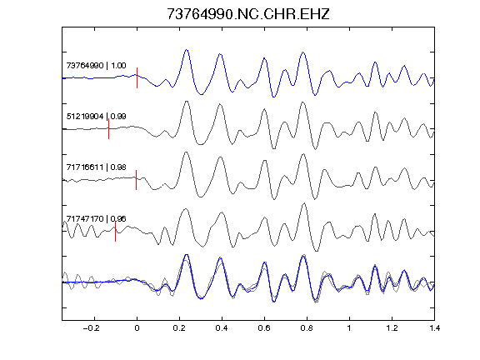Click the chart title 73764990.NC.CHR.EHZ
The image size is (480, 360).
pos(248,14)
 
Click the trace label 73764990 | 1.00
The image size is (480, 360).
pos(96,66)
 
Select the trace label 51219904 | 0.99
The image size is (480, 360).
pos(96,117)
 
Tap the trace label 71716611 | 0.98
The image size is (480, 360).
pos(96,167)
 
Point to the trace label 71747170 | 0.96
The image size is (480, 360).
pos(96,218)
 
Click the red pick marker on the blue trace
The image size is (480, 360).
pos(137,77)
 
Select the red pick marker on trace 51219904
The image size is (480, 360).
pos(108,129)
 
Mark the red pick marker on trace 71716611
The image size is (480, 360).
pos(136,180)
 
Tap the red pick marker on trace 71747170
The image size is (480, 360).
pos(115,232)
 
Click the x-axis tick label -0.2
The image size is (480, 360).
pos(91,328)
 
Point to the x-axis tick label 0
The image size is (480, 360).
pos(137,328)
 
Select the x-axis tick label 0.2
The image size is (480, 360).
pos(179,328)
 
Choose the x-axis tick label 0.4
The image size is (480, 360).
pos(222,328)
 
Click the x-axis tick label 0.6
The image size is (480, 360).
pos(264,328)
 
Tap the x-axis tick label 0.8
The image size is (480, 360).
pos(307,328)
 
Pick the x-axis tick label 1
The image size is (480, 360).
pos(349,328)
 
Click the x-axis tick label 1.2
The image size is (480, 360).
pos(392,328)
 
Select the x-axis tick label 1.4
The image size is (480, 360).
pos(434,328)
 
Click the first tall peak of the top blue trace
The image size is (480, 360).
pos(187,50)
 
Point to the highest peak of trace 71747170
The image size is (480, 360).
pos(304,203)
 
